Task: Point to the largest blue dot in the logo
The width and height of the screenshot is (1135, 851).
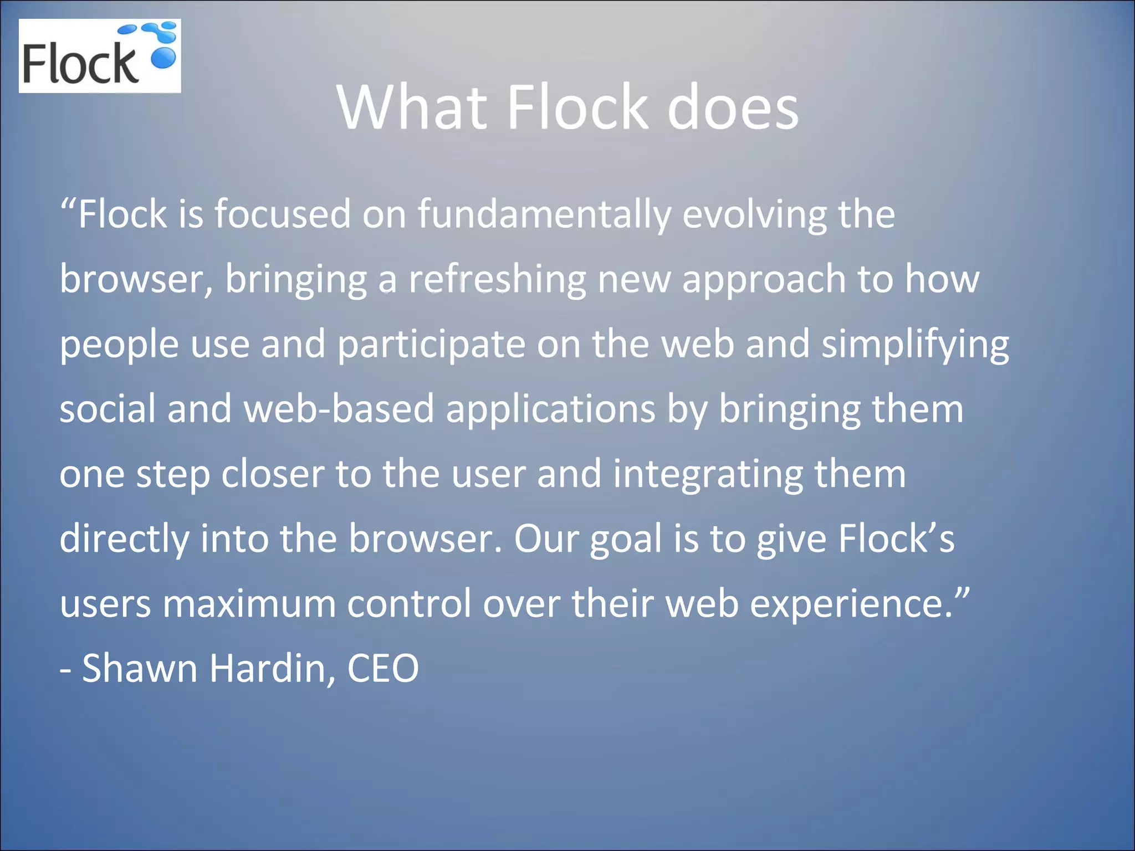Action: pyautogui.click(x=163, y=57)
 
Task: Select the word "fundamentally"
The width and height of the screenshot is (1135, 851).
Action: pyautogui.click(x=544, y=214)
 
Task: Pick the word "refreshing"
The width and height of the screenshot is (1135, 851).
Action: pyautogui.click(x=497, y=279)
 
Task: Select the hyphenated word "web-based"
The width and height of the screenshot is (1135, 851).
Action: pyautogui.click(x=339, y=409)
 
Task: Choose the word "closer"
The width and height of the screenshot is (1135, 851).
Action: pyautogui.click(x=272, y=474)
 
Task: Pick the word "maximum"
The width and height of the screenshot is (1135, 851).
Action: pyautogui.click(x=249, y=603)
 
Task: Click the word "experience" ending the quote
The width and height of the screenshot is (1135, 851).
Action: pyautogui.click(x=846, y=604)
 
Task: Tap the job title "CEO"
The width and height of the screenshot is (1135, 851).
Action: pyautogui.click(x=382, y=668)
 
